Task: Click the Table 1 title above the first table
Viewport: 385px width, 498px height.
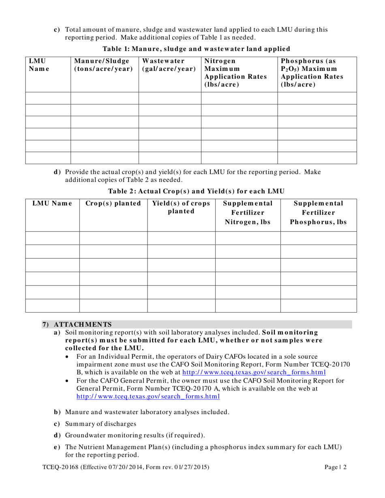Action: [x=196, y=49]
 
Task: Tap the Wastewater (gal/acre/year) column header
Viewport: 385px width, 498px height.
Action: [x=169, y=65]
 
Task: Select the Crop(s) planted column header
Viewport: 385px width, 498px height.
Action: [x=113, y=203]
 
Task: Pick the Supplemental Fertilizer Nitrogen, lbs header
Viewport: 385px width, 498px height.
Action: [x=248, y=212]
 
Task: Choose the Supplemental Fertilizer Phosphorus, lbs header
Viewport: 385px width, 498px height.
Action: [x=319, y=212]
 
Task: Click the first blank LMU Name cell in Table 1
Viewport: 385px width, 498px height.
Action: [x=48, y=98]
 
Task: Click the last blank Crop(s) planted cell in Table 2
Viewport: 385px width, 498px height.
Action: [x=113, y=306]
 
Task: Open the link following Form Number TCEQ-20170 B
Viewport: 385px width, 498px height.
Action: [x=254, y=372]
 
